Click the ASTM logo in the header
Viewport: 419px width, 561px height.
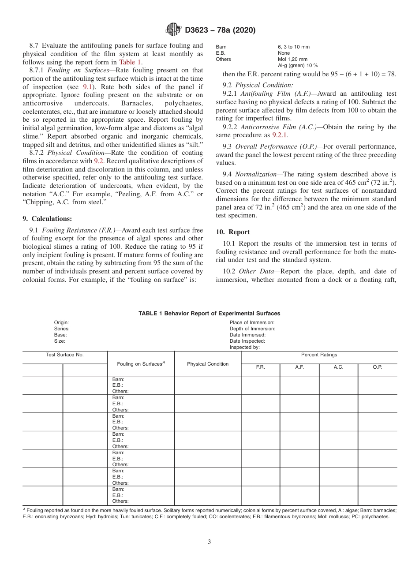[173, 30]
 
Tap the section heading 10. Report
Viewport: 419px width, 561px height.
[233, 232]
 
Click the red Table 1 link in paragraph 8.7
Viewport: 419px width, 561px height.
[130, 62]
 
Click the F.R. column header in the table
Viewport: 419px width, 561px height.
[260, 367]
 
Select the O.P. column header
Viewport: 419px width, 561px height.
[378, 367]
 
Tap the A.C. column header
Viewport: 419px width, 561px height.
[338, 367]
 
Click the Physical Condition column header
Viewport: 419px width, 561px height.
[208, 364]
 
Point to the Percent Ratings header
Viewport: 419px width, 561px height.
[319, 355]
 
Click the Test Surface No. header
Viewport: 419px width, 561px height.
[65, 355]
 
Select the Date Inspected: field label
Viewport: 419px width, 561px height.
[247, 341]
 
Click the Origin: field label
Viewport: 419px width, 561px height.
[61, 322]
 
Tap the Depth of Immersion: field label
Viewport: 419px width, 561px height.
[252, 329]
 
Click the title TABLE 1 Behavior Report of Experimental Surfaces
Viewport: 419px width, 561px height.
[209, 314]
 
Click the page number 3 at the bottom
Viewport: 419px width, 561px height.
[209, 542]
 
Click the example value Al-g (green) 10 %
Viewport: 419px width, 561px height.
[298, 65]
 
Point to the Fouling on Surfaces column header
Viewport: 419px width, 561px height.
[141, 364]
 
